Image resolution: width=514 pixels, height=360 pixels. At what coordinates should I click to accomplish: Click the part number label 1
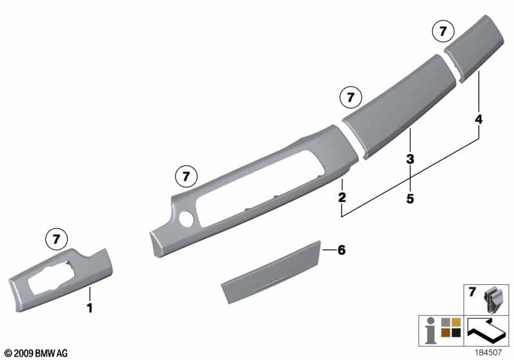click(89, 308)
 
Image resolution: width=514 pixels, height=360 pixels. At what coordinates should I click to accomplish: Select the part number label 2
click(342, 197)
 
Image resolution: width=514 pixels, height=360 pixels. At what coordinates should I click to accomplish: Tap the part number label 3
click(410, 159)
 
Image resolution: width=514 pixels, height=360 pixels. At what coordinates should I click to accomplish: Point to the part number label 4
click(479, 120)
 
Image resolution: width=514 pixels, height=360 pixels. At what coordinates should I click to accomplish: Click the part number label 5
click(410, 199)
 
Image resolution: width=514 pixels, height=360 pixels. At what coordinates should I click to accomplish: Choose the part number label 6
click(342, 250)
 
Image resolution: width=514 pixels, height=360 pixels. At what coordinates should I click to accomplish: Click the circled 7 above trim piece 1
click(57, 239)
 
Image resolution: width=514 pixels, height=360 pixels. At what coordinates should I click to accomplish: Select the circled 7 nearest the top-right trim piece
click(443, 31)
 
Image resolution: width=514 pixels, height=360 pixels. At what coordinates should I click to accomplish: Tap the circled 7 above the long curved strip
click(351, 97)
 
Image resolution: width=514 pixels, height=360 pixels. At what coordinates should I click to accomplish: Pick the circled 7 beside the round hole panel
click(186, 176)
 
